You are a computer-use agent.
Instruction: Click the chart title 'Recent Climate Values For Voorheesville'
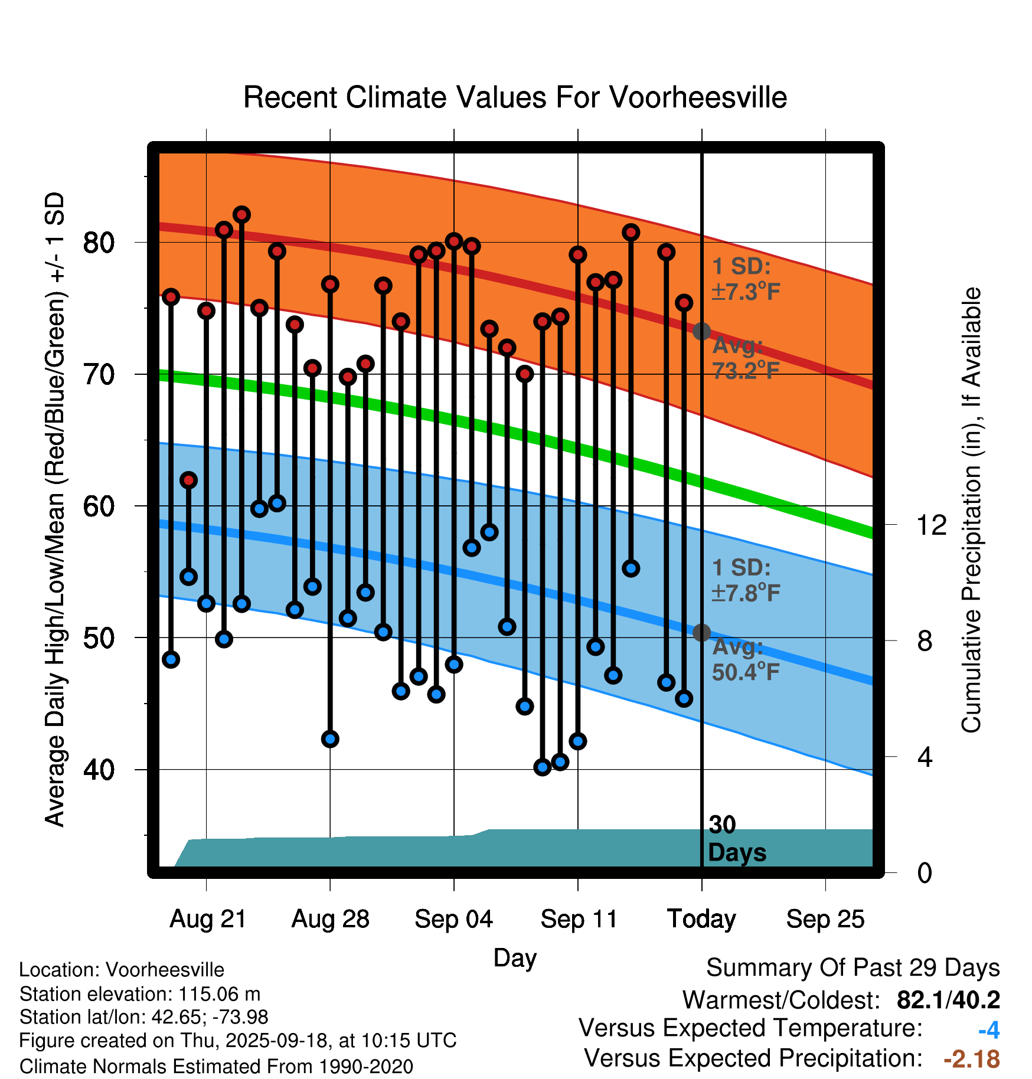[x=515, y=97]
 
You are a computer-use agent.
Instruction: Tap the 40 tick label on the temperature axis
[x=99, y=770]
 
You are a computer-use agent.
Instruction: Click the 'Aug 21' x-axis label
[x=208, y=919]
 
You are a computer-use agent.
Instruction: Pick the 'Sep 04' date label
[x=453, y=919]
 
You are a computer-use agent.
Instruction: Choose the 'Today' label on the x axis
[x=701, y=919]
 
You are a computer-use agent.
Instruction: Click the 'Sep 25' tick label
[x=825, y=919]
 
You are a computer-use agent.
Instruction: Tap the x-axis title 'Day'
[x=515, y=957]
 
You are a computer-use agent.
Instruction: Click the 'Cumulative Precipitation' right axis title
[x=971, y=511]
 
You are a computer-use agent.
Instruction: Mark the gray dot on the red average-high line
[x=701, y=331]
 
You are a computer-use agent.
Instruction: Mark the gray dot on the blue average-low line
[x=701, y=633]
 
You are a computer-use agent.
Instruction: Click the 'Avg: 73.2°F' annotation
[x=745, y=358]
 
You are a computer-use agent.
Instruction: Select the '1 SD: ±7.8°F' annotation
[x=745, y=580]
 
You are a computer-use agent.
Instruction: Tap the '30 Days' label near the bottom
[x=736, y=839]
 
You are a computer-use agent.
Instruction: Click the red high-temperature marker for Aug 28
[x=330, y=285]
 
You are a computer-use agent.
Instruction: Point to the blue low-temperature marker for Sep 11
[x=578, y=741]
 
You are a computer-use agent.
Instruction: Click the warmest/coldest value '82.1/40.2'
[x=948, y=1000]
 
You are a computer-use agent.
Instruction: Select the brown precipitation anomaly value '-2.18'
[x=972, y=1059]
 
